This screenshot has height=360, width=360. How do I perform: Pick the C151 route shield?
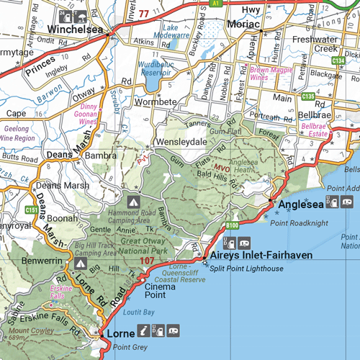click(31, 210)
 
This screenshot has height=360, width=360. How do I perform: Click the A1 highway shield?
click(217, 4)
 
